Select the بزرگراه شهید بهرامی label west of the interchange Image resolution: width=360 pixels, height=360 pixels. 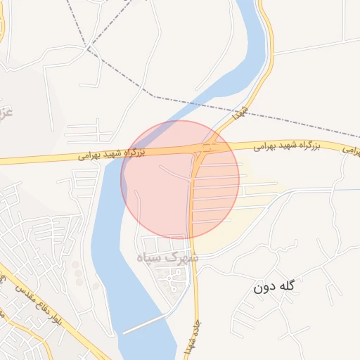tap(112, 153)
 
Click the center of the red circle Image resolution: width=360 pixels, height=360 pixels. tap(180, 179)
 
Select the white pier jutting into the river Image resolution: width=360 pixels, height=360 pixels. tap(144, 323)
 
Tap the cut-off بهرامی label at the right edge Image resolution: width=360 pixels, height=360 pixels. tap(352, 150)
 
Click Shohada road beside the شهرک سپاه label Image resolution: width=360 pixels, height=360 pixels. tap(195, 258)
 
